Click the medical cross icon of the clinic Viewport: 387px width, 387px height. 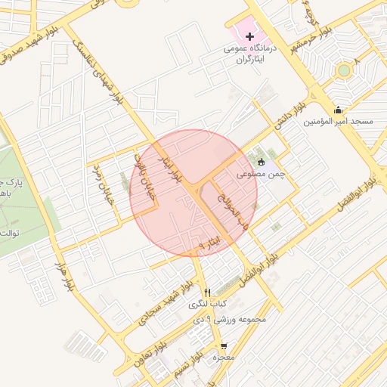click(x=250, y=36)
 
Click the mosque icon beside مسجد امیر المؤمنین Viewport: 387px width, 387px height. click(x=338, y=110)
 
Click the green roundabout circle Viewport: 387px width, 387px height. click(x=345, y=70)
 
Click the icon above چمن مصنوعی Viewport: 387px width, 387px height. click(x=262, y=161)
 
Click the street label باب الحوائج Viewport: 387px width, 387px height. click(x=231, y=209)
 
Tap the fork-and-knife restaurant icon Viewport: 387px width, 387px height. click(x=207, y=293)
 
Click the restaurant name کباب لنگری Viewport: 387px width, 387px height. click(x=208, y=305)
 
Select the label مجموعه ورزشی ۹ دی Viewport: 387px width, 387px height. click(x=230, y=320)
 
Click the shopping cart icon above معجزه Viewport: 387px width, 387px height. click(x=223, y=345)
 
